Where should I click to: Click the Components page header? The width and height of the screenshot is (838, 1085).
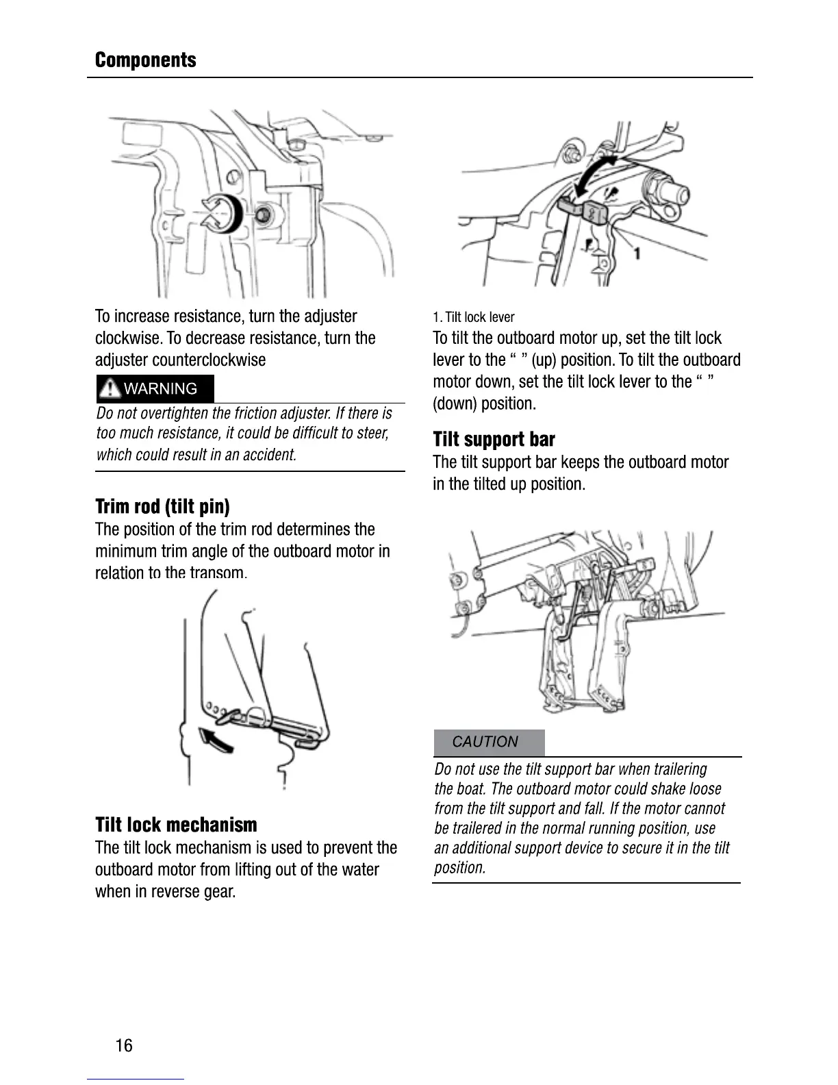tap(145, 60)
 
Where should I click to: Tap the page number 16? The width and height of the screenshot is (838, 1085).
tap(124, 1045)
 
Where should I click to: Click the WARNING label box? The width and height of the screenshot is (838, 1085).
tap(155, 389)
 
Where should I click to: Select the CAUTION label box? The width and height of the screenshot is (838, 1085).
tap(489, 742)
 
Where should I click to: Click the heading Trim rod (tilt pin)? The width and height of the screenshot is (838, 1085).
tap(162, 507)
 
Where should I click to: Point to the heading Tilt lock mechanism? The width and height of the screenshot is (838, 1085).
tap(176, 825)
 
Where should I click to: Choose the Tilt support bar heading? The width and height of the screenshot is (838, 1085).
tap(494, 440)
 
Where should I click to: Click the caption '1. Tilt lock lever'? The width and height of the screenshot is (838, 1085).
tap(473, 317)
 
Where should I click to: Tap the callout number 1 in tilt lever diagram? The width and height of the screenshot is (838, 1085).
tap(637, 254)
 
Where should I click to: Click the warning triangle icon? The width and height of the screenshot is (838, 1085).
tap(110, 389)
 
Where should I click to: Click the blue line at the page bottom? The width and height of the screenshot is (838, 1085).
tap(136, 1079)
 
